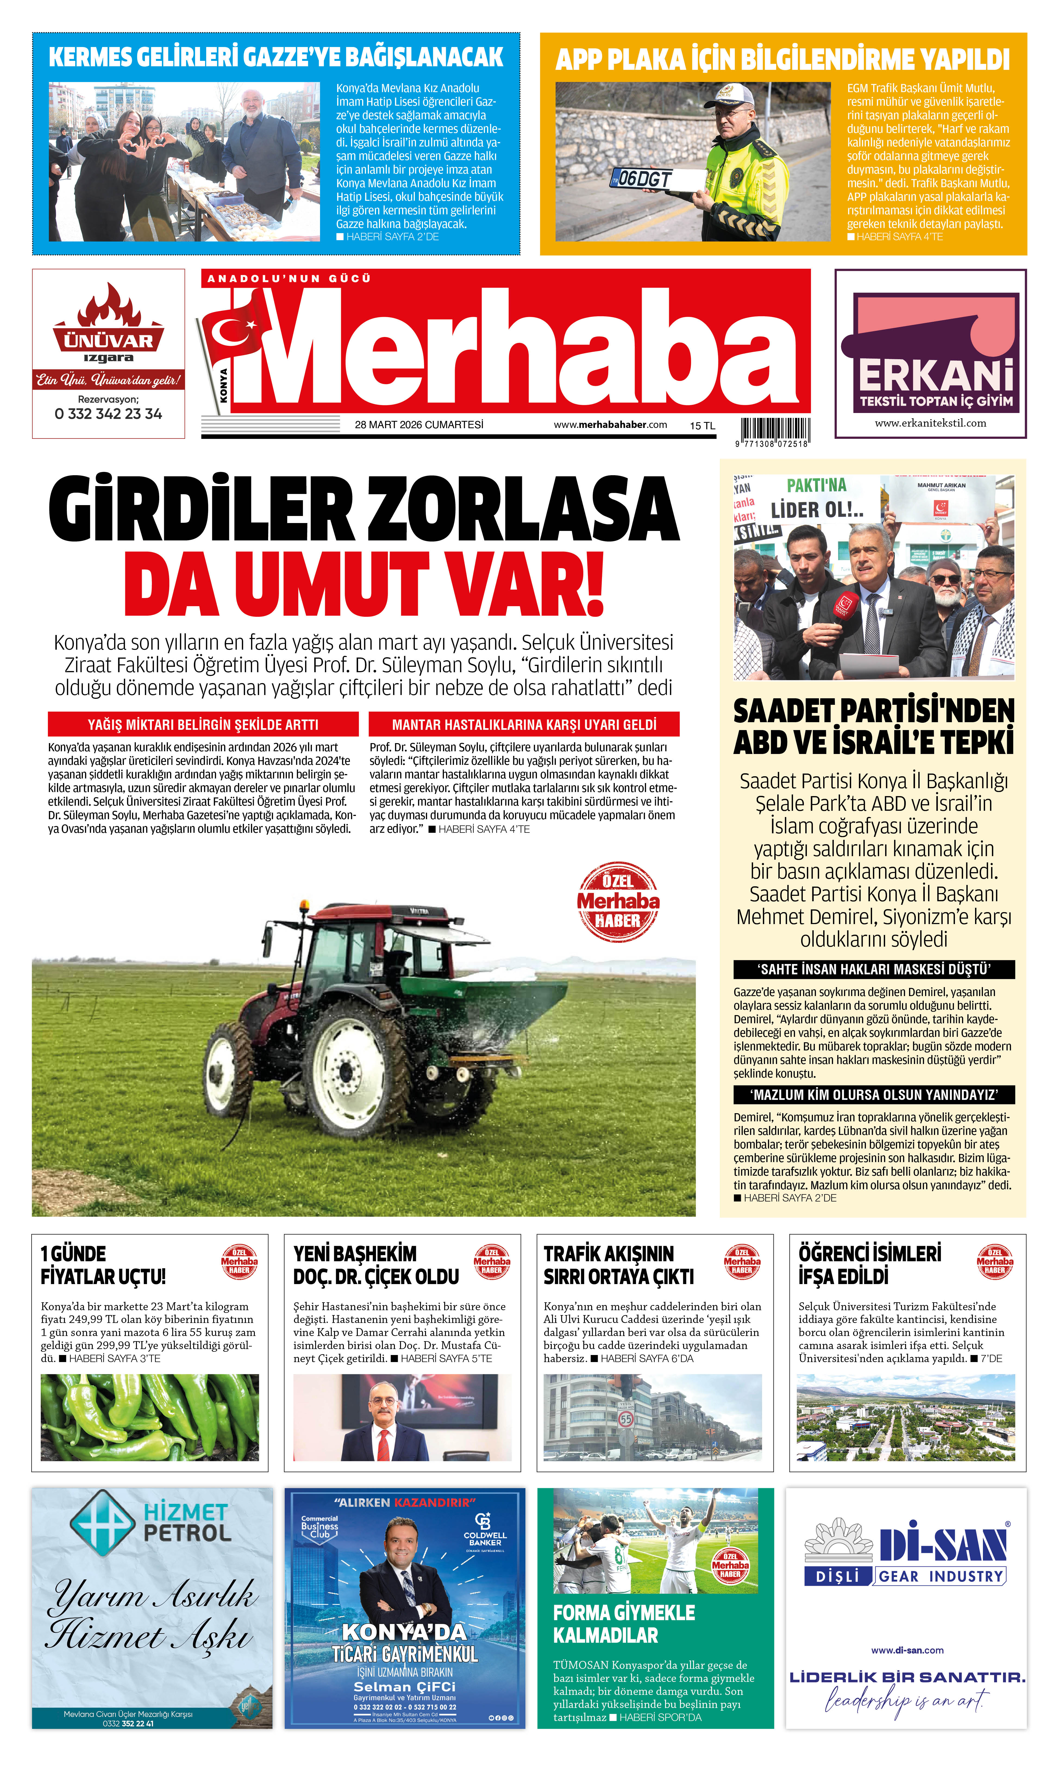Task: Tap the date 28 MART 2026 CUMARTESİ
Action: pyautogui.click(x=419, y=425)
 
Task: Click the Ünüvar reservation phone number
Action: pyautogui.click(x=108, y=414)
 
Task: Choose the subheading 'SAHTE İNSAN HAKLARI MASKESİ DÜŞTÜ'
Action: pyautogui.click(x=873, y=969)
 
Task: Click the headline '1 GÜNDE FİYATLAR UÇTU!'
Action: pyautogui.click(x=104, y=1265)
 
